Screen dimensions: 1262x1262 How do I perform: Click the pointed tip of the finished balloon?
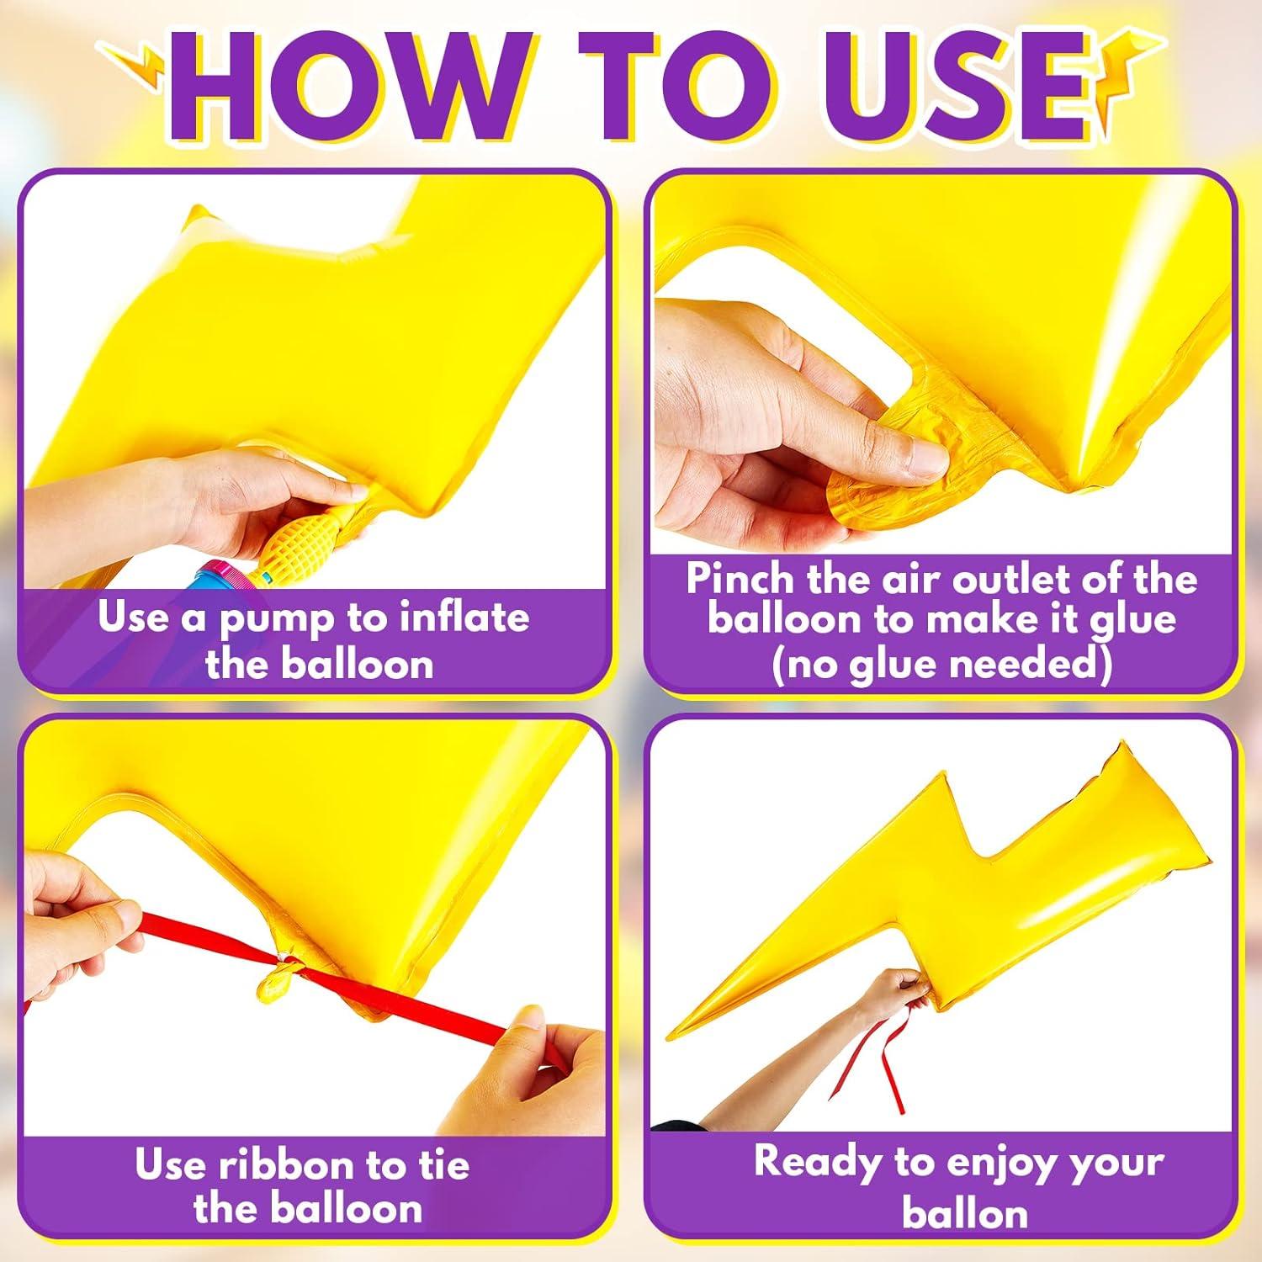pos(670,1038)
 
